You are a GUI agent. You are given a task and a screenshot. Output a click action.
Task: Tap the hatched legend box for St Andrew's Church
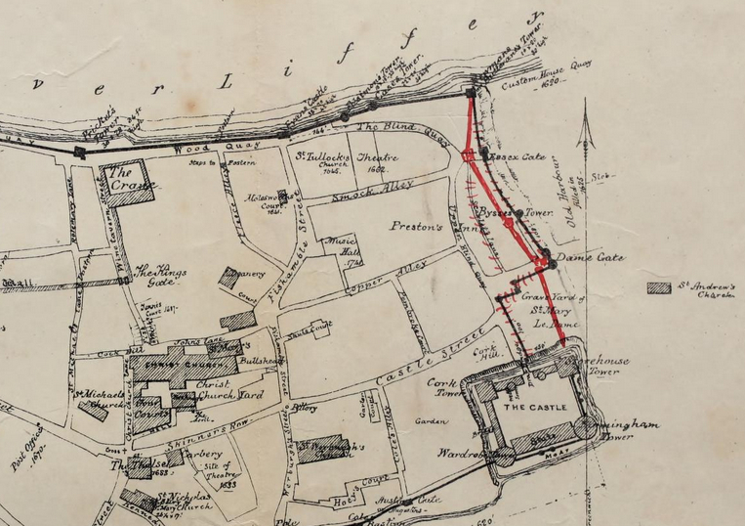click(x=660, y=287)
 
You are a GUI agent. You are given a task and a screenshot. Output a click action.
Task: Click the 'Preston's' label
click(x=417, y=226)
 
